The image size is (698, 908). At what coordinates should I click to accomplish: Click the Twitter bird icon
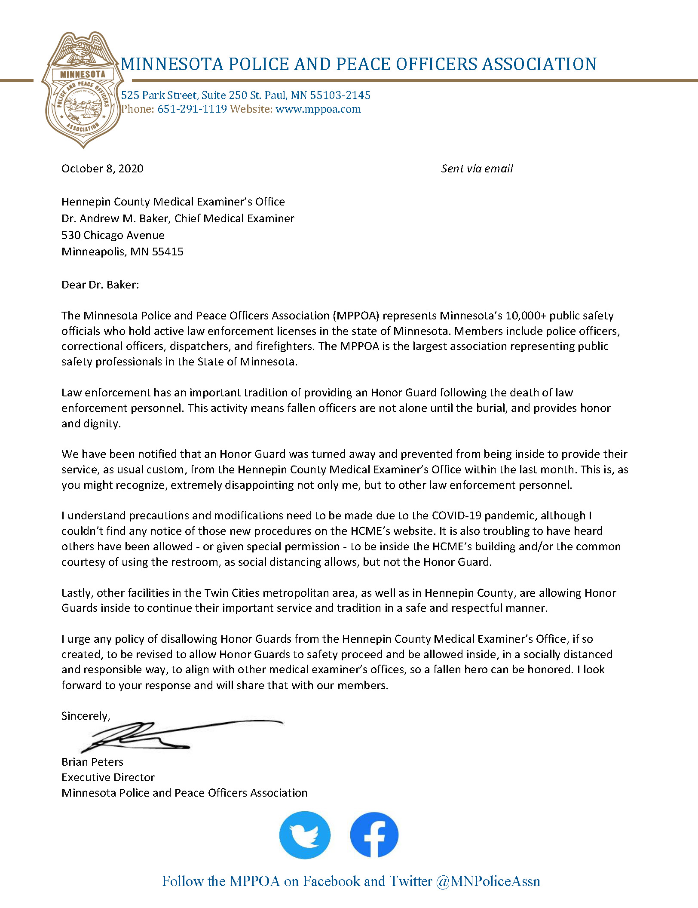point(305,835)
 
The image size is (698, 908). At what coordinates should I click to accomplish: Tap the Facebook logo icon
point(374,835)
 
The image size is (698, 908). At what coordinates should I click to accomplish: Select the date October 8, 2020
point(102,169)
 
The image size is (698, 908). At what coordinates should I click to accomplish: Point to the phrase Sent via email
point(477,169)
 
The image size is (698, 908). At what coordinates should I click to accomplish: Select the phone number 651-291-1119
point(192,109)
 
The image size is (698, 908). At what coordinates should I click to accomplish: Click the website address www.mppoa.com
point(318,109)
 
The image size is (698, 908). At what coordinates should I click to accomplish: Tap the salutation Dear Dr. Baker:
point(100,285)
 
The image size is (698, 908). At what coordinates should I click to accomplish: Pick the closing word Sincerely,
point(86,716)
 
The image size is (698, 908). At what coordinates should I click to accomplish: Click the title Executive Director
point(108,777)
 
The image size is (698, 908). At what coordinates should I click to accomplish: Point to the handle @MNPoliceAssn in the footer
point(488,881)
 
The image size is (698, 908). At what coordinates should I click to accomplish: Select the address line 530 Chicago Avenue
point(113,235)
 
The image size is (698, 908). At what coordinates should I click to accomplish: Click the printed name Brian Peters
point(92,762)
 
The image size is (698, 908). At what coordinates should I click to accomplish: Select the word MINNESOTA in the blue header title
point(172,64)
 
